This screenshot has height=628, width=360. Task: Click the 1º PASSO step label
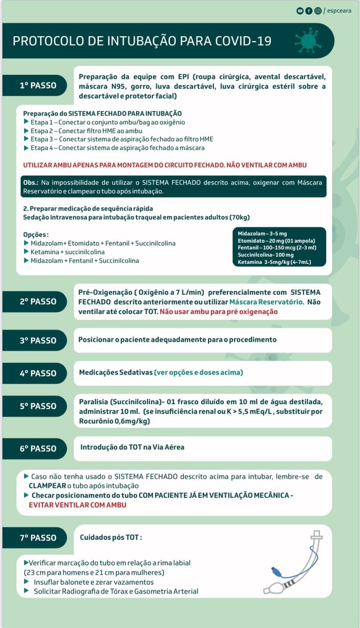click(38, 85)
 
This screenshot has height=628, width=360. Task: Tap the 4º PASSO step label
click(38, 373)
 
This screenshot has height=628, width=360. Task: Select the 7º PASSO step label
click(38, 538)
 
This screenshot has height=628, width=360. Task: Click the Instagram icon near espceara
click(318, 10)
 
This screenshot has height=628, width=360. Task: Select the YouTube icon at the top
click(300, 10)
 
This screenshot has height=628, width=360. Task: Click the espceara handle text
click(339, 10)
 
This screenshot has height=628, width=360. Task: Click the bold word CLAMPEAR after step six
click(48, 486)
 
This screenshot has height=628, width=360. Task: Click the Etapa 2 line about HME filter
click(86, 131)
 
